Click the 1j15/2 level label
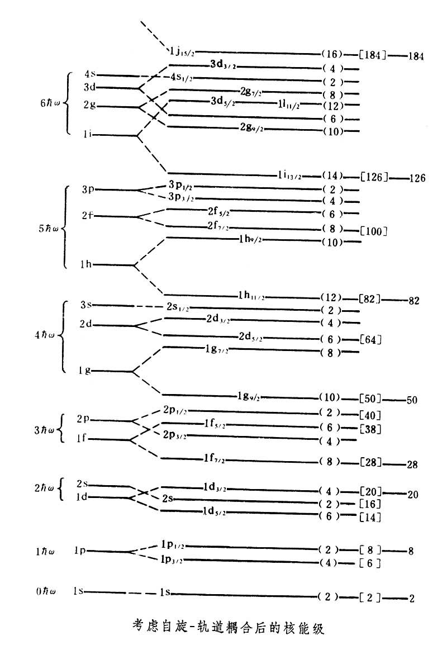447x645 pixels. pos(182,53)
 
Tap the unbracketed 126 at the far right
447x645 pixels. pos(417,178)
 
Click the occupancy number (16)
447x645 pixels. pos(332,54)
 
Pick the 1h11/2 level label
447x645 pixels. pos(251,295)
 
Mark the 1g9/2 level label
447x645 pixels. pos(248,397)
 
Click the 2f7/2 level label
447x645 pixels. pos(218,226)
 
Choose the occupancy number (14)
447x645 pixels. pos(332,176)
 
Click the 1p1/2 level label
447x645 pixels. pos(173,544)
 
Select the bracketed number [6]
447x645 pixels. pos(370,563)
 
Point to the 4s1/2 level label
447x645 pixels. pos(182,77)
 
